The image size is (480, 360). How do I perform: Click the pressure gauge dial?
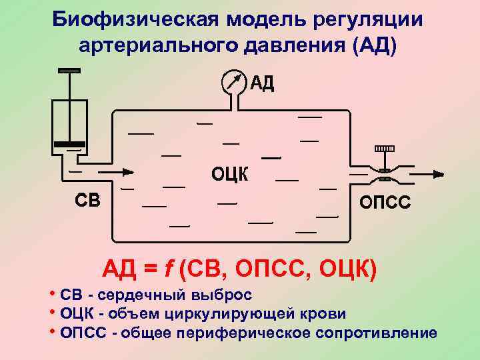pos(233,83)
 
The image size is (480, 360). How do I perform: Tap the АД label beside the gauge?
pos(262,84)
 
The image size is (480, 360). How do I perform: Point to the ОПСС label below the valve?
pos(385,202)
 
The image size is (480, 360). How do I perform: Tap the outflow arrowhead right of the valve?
pos(437,175)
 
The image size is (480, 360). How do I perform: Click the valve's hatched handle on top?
pos(385,148)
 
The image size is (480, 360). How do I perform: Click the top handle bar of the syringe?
pos(69,71)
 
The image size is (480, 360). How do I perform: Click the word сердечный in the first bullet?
pos(148,295)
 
